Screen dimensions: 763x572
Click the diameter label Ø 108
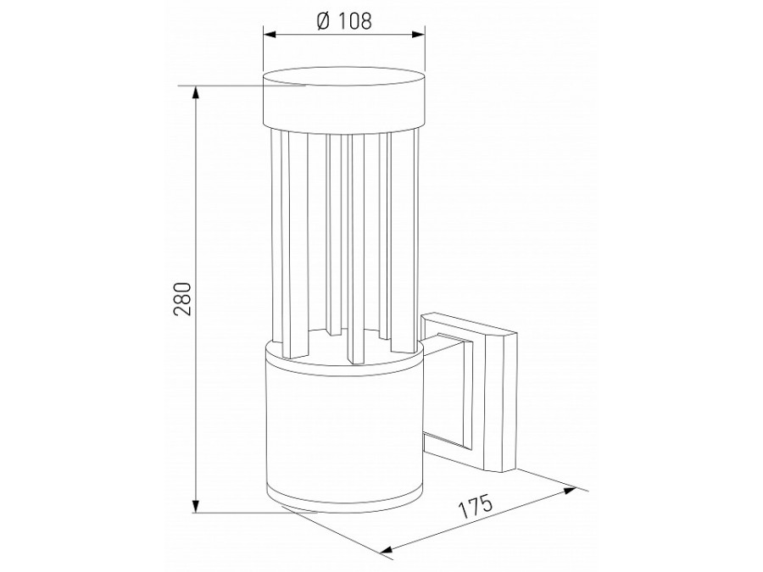tap(343, 21)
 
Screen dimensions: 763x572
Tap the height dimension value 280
tap(183, 298)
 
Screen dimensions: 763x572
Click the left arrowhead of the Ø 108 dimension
tap(270, 35)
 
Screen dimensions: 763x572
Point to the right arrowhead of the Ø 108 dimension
tap(419, 35)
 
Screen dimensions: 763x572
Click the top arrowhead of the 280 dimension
tap(196, 93)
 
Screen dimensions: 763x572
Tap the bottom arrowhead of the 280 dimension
tap(196, 505)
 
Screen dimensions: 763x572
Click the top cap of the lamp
tap(344, 101)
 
